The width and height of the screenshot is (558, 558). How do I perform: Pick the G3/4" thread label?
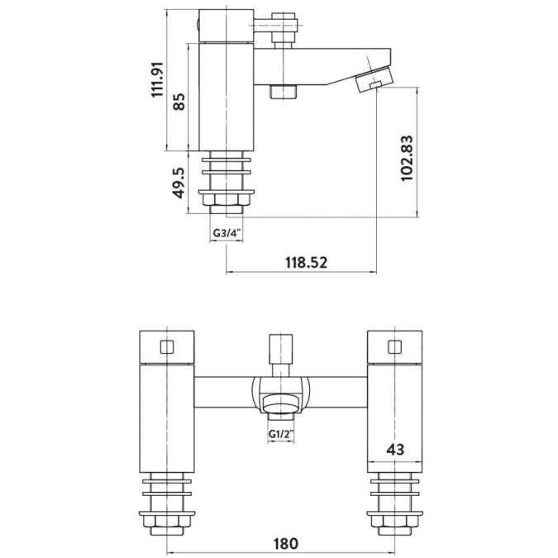226,233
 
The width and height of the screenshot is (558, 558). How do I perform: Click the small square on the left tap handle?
168,347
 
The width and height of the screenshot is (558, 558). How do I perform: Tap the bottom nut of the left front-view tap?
168,522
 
